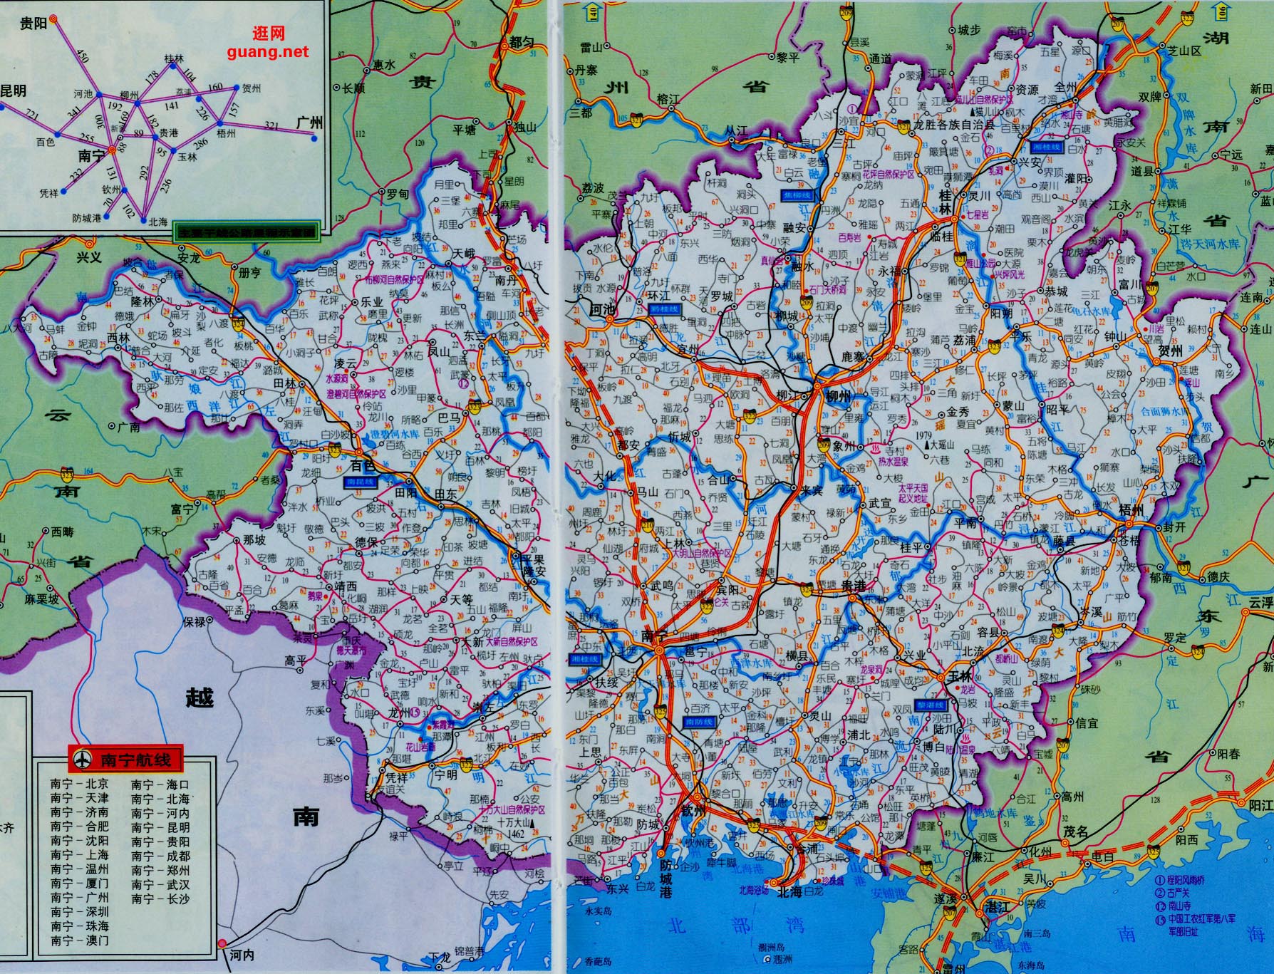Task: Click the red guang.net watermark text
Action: (x=269, y=51)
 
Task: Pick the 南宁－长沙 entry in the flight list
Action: (x=160, y=898)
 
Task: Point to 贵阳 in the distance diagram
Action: (x=33, y=23)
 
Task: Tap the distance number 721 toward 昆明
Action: (x=32, y=114)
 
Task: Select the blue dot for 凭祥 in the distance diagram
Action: (x=63, y=191)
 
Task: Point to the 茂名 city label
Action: (x=1077, y=831)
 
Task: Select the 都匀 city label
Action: (x=522, y=43)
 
